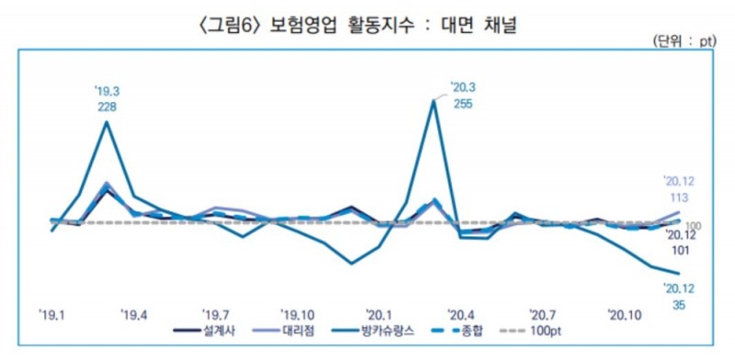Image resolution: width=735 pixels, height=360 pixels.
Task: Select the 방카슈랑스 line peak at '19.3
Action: point(107,122)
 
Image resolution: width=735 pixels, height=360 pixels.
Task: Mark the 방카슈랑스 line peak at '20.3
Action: point(434,100)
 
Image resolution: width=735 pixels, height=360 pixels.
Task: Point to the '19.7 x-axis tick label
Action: point(216,314)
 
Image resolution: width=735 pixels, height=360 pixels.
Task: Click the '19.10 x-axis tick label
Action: point(300,314)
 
